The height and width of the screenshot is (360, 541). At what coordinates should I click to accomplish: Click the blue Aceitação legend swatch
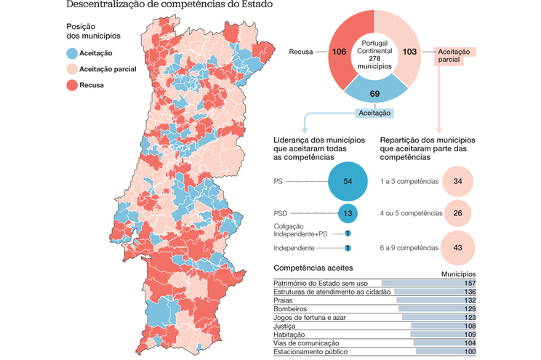coord(72,53)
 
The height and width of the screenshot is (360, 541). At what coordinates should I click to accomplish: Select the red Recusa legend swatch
coord(72,85)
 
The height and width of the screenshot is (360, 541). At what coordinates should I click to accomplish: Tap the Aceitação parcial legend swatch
coord(72,69)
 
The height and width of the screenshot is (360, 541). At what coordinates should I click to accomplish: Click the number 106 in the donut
coord(339,52)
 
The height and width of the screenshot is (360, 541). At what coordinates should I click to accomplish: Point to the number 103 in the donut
coord(409,52)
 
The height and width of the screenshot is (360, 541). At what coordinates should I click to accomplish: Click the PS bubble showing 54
coord(348,181)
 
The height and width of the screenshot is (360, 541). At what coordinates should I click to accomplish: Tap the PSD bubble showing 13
coord(348,213)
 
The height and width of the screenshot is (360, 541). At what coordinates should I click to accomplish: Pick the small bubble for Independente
coord(348,248)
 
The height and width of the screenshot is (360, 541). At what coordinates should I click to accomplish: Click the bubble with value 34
coord(457,181)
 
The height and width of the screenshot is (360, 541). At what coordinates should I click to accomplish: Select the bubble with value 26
coord(457,213)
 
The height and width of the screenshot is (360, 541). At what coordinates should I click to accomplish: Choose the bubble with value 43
coord(457,247)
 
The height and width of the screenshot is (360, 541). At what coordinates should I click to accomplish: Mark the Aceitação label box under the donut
coord(374,113)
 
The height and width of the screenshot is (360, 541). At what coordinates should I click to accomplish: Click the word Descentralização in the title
coord(106,5)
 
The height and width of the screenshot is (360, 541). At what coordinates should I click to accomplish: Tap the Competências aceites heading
coord(313,267)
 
